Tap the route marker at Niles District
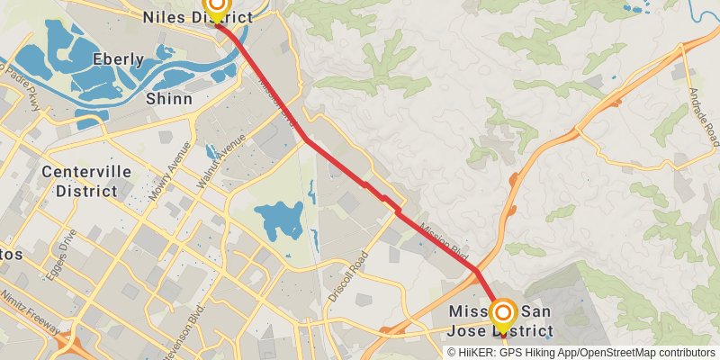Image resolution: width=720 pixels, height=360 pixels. point(215,5)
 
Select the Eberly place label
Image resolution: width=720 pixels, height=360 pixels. point(118,59)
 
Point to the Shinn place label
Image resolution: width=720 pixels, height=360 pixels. point(169,98)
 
